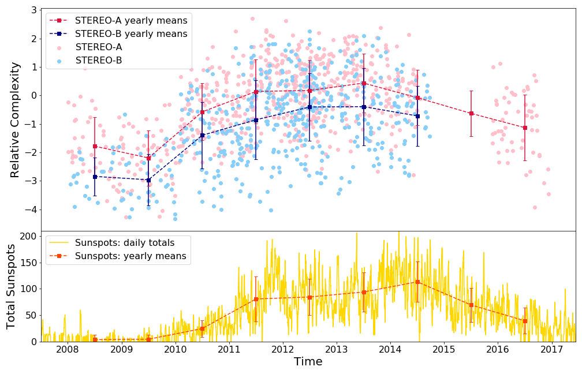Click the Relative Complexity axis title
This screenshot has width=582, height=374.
[x=16, y=119]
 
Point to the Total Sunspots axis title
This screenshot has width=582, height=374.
[x=12, y=286]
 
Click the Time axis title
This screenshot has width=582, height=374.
[x=308, y=362]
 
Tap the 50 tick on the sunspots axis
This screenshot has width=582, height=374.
[x=31, y=315]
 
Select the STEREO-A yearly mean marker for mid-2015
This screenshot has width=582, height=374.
[x=471, y=113]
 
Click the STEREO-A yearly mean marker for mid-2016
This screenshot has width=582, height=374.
[x=525, y=128]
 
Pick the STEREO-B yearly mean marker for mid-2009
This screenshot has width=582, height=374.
[x=148, y=180]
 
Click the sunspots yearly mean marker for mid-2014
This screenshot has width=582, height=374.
[x=417, y=282]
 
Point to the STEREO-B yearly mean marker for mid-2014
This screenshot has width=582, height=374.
[x=417, y=116]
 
